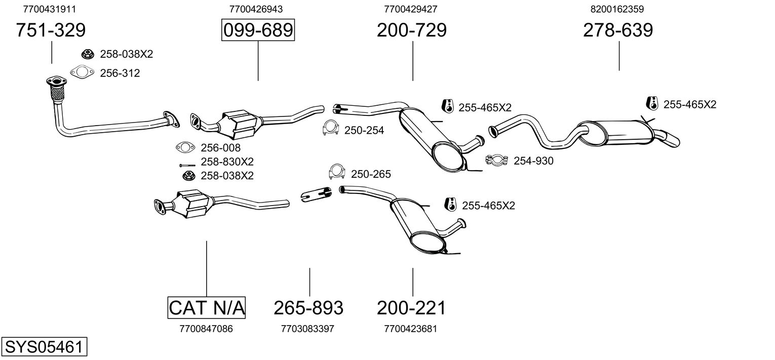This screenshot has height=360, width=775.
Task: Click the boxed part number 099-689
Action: [x=258, y=30]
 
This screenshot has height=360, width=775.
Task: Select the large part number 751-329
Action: [x=51, y=30]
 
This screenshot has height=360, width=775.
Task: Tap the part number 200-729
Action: [x=411, y=30]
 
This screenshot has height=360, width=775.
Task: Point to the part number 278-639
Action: [x=618, y=30]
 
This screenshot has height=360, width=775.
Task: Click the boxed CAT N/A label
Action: [x=206, y=307]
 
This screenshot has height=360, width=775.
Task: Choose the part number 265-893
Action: [x=308, y=307]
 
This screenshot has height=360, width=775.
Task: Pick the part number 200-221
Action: [x=411, y=307]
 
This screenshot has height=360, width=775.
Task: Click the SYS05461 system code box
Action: [x=44, y=347]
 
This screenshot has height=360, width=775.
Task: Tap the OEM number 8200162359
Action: [x=617, y=9]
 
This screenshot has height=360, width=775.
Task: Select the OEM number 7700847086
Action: [x=206, y=329]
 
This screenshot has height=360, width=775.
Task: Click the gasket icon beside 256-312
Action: [x=82, y=73]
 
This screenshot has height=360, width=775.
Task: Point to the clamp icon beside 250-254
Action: [x=330, y=129]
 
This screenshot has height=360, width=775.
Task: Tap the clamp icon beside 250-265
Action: [x=337, y=172]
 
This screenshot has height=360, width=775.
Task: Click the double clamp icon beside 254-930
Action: [x=497, y=161]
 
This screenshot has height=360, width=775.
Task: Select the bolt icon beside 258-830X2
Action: [x=187, y=165]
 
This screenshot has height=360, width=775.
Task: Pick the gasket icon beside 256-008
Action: [x=185, y=148]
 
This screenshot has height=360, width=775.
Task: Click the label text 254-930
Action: [x=533, y=161]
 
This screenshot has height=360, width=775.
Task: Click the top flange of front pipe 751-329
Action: [x=55, y=82]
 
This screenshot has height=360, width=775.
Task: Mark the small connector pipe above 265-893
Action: [x=315, y=194]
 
